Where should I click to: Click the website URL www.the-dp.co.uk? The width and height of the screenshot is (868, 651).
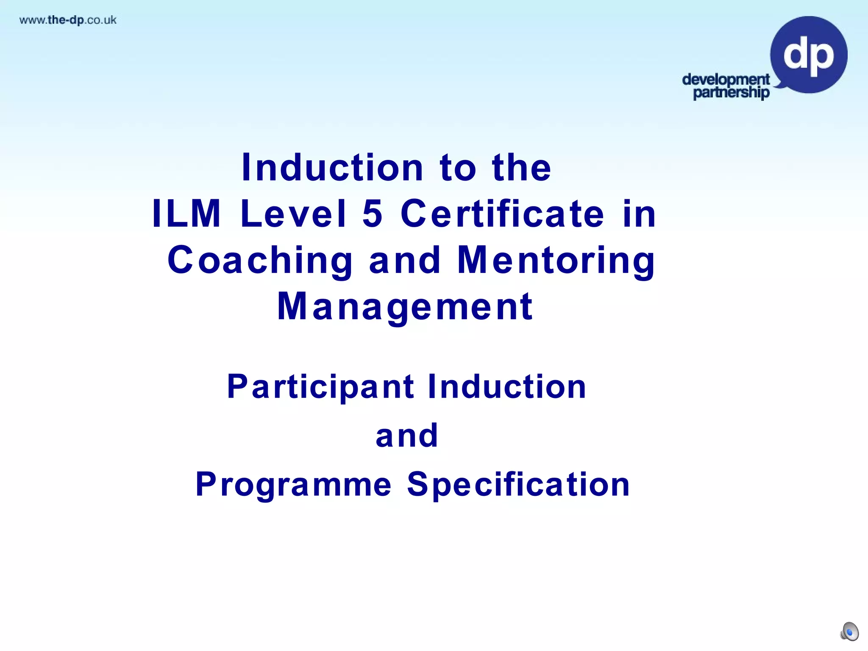[68, 20]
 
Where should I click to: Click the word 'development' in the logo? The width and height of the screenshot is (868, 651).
[726, 79]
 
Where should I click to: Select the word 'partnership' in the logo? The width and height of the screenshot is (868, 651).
[731, 92]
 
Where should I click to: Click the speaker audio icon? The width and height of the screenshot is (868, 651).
[849, 632]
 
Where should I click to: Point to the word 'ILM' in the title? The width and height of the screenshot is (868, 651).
[186, 214]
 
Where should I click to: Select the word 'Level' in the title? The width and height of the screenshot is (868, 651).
[294, 214]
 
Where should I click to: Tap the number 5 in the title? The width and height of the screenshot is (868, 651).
[373, 214]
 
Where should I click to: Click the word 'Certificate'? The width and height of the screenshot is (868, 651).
[502, 214]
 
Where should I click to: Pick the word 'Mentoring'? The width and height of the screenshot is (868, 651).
[556, 260]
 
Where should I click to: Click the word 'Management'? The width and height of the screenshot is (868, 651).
[405, 307]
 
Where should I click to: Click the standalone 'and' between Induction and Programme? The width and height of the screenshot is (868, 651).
[407, 436]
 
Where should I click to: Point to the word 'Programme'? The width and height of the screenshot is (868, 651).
[294, 484]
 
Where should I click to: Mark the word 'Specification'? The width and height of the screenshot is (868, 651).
[518, 484]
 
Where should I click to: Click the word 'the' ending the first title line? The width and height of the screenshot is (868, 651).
[521, 168]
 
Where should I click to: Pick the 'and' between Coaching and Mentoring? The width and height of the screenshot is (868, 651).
[405, 260]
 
